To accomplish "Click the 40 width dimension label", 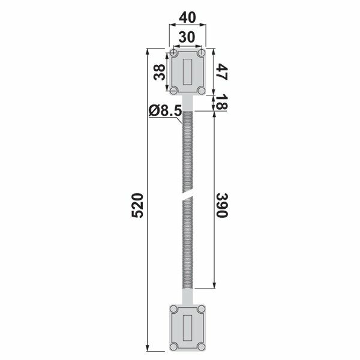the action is click(x=187, y=18).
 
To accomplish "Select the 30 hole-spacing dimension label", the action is click(x=187, y=37).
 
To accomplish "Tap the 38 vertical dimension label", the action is click(x=160, y=72).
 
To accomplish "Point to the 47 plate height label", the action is click(x=222, y=72).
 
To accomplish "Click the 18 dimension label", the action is click(x=222, y=102).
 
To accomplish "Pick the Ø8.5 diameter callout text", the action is click(x=165, y=110).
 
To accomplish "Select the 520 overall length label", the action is click(x=137, y=205).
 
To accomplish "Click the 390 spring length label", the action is click(x=222, y=205).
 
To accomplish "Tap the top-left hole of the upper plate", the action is click(x=174, y=53).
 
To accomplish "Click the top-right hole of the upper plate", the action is click(x=202, y=53).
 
